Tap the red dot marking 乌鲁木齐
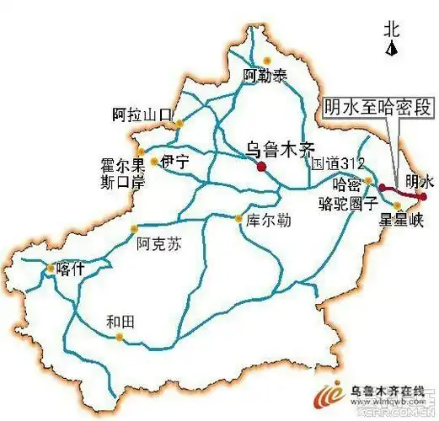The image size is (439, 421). pyautogui.click(x=262, y=167)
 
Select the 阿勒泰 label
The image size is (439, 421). pyautogui.click(x=265, y=76)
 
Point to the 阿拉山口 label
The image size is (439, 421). pyautogui.click(x=142, y=113)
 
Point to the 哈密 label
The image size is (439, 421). pyautogui.click(x=348, y=184)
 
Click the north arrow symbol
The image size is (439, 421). pyautogui.click(x=391, y=48)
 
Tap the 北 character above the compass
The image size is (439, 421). pyautogui.click(x=390, y=29)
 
